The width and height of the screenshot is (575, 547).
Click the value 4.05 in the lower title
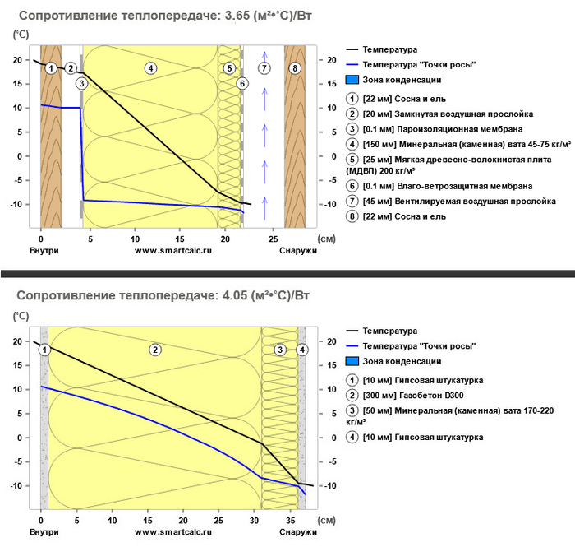(x=236, y=294)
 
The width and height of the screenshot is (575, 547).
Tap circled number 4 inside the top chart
(x=150, y=68)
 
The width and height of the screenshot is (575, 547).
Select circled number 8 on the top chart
(x=295, y=68)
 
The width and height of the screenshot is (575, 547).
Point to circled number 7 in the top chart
(x=264, y=68)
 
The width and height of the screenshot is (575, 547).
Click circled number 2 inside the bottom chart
(x=154, y=350)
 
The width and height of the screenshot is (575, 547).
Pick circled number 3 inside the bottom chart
(x=280, y=350)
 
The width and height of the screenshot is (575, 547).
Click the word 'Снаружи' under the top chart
(x=297, y=250)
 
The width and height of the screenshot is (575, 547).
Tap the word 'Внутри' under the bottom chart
(x=44, y=532)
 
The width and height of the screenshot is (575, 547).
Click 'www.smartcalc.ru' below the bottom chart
(x=168, y=532)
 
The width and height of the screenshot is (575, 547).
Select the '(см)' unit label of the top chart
(x=327, y=238)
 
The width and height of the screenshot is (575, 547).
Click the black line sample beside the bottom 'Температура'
(x=354, y=331)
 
